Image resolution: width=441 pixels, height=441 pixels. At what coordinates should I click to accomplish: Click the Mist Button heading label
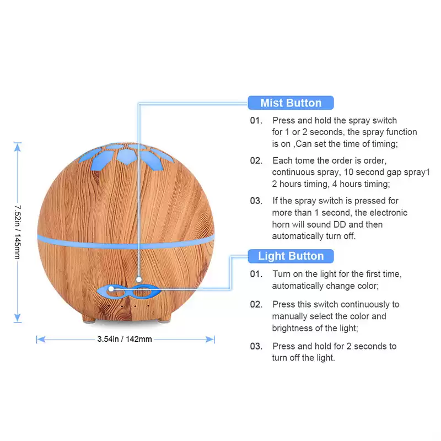click(291, 103)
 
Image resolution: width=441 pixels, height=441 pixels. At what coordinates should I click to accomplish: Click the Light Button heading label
click(291, 256)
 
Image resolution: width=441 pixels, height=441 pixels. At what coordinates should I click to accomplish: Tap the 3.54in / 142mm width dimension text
click(125, 339)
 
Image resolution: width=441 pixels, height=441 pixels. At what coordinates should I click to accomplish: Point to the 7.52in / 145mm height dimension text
click(18, 232)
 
